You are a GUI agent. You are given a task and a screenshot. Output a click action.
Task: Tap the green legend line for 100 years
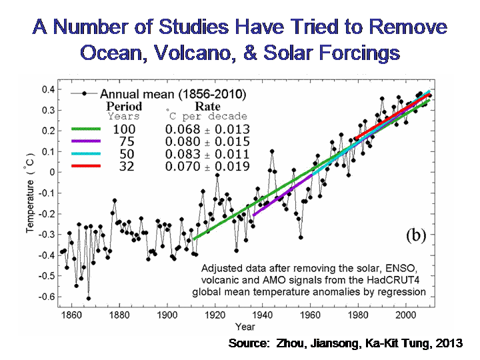tap(81, 129)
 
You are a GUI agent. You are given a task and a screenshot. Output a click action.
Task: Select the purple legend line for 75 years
tap(81, 141)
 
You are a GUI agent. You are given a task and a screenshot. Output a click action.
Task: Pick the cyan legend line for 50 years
tap(81, 154)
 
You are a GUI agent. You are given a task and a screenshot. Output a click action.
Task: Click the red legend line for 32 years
tap(81, 166)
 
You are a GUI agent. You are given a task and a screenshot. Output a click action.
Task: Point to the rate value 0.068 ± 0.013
tap(209, 129)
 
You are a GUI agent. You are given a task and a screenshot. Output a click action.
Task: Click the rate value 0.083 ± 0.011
tap(209, 154)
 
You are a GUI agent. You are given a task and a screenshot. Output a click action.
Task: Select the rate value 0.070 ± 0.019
tap(209, 166)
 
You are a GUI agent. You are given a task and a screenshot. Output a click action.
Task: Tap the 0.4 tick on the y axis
tap(47, 89)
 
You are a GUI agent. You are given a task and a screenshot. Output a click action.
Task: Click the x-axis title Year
tap(245, 327)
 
